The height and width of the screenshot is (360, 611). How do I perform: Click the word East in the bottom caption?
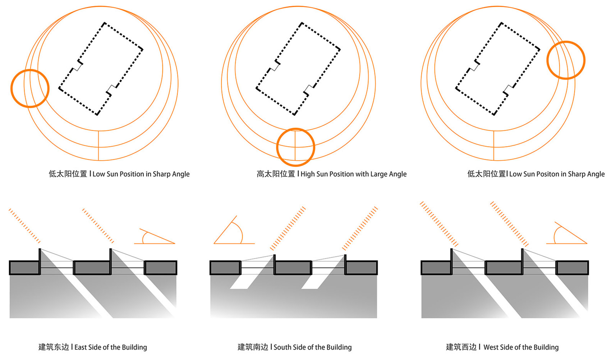[x=81, y=347]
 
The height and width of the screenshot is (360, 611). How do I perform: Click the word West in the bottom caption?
[x=491, y=347]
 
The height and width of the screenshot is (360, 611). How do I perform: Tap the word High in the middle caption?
[x=308, y=174]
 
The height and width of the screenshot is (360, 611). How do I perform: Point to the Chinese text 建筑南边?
[x=253, y=347]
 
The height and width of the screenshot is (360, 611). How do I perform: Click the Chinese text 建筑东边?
[x=54, y=347]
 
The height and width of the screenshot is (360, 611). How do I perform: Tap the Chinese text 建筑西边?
[x=461, y=347]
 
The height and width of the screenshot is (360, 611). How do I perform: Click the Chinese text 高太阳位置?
[x=276, y=174]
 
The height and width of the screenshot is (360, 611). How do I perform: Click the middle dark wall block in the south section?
[x=293, y=268]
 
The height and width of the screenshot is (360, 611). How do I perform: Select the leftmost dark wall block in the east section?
[x=24, y=268]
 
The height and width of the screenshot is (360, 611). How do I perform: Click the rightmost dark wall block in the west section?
[x=572, y=268]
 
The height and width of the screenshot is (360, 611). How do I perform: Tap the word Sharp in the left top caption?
[x=161, y=174]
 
